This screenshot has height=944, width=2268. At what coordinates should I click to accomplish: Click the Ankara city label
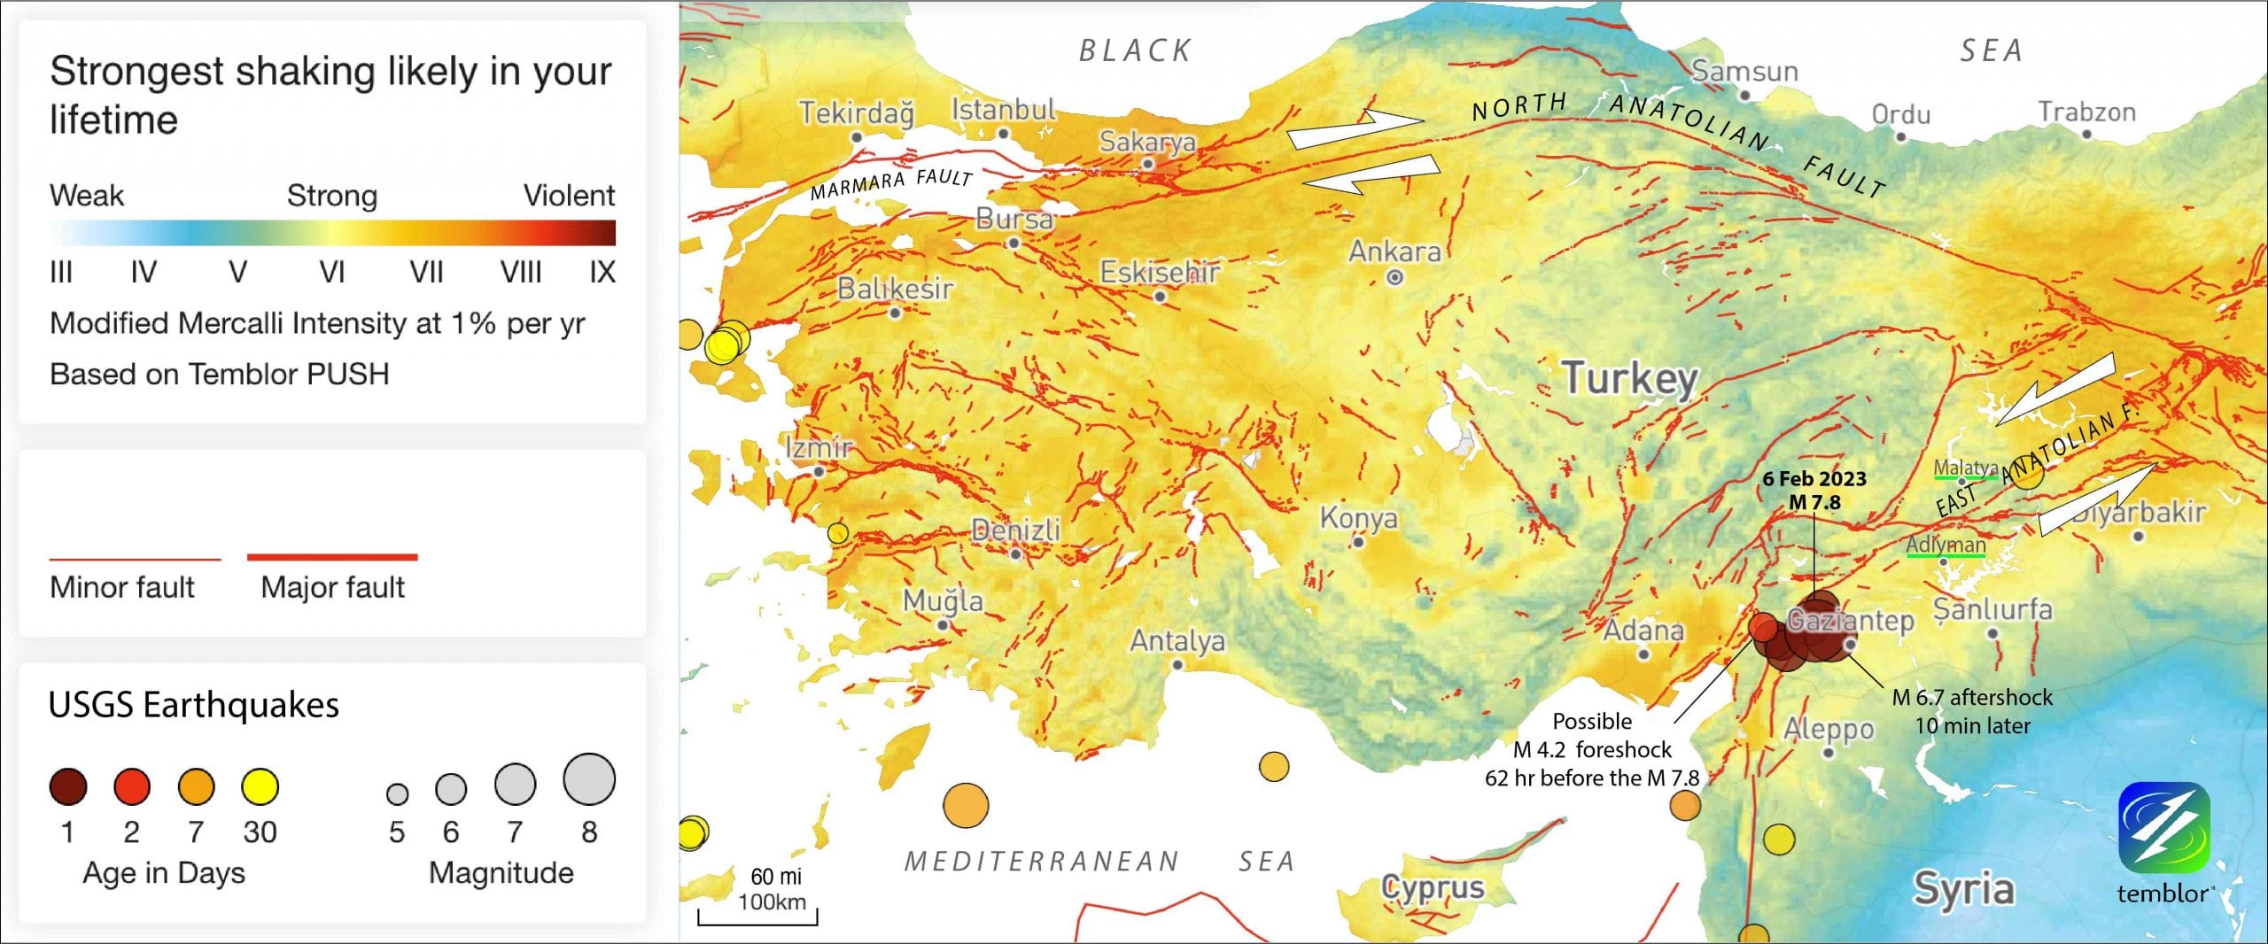[x=1394, y=252]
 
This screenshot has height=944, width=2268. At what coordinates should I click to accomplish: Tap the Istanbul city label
[x=1003, y=111]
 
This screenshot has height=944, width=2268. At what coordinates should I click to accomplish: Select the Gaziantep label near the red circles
[x=1850, y=621]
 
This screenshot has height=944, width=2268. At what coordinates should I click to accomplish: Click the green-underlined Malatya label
[x=1965, y=468]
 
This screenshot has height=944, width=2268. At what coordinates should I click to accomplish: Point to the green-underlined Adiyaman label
[x=1946, y=545]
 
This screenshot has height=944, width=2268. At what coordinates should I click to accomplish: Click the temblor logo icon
[x=2163, y=827]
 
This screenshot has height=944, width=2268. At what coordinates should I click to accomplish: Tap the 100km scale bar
[x=757, y=915]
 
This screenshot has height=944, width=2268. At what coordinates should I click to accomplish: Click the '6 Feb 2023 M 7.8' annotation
[x=1814, y=491]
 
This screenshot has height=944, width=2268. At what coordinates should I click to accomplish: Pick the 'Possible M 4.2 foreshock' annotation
[x=1592, y=749]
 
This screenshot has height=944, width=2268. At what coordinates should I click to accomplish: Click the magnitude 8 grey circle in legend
[x=589, y=779]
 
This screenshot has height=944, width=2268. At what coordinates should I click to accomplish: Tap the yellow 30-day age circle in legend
[x=260, y=786]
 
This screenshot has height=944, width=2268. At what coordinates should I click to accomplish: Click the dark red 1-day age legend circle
[x=68, y=786]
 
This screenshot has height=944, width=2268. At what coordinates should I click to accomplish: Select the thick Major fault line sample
[x=332, y=558]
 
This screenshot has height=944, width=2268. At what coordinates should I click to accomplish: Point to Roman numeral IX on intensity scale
[x=602, y=272]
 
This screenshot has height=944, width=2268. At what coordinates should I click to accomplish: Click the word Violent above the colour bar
[x=569, y=196]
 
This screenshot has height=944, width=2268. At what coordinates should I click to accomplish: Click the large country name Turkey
[x=1628, y=378]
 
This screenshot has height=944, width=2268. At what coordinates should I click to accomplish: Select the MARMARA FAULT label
[x=891, y=183]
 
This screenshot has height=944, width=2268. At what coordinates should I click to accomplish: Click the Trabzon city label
[x=2086, y=112]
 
